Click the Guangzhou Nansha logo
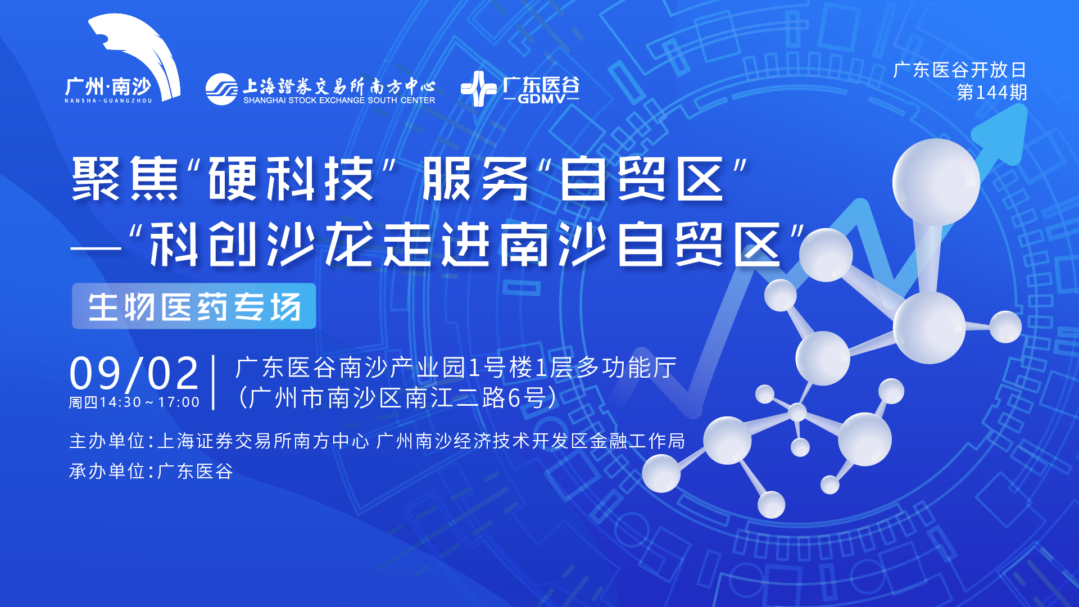click(x=123, y=62)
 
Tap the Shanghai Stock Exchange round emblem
click(x=221, y=89)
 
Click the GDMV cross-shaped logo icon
click(x=478, y=89)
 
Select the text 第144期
click(x=991, y=92)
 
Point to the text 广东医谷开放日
click(x=960, y=70)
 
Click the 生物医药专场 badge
click(x=194, y=306)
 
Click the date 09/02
click(x=134, y=373)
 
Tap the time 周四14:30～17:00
click(x=134, y=402)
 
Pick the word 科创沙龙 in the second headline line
click(x=263, y=244)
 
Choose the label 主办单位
click(x=107, y=441)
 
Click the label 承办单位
click(x=107, y=471)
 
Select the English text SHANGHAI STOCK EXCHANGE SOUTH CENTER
click(x=339, y=101)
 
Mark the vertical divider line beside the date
click(x=214, y=382)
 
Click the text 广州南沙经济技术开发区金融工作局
click(x=531, y=441)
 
